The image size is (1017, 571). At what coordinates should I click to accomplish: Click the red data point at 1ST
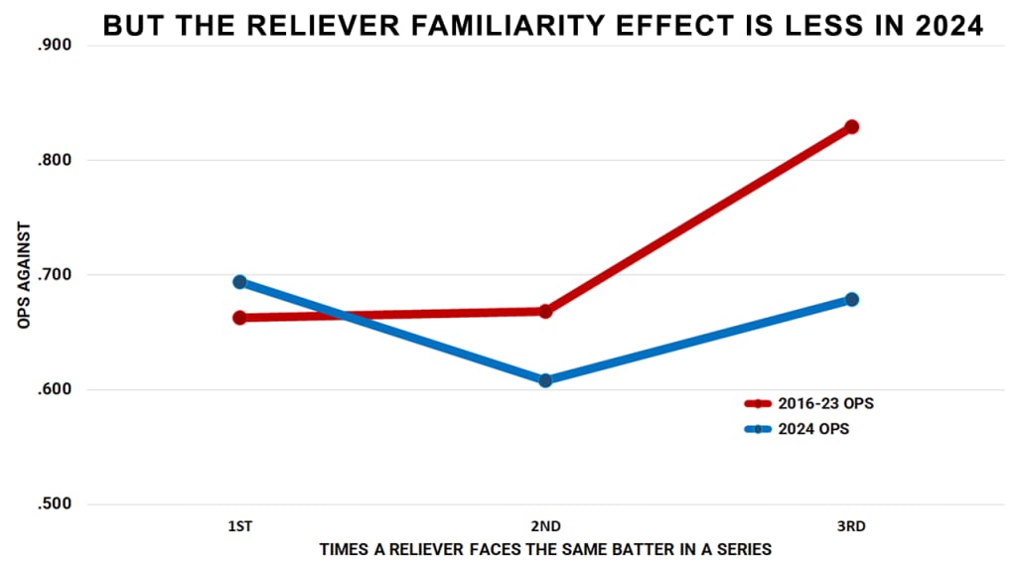click(x=239, y=318)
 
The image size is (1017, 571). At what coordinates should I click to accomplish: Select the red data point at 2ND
click(x=545, y=312)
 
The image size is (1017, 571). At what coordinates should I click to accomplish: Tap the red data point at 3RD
click(x=851, y=127)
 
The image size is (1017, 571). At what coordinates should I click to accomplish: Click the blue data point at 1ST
click(x=239, y=282)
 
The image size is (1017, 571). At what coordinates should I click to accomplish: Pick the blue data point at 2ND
click(x=545, y=380)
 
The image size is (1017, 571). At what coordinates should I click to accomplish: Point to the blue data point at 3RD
click(x=851, y=299)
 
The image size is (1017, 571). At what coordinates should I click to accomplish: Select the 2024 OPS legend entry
click(x=799, y=429)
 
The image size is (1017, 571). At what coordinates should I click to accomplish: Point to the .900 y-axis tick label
click(x=56, y=46)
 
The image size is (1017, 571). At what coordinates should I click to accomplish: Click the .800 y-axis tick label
click(x=56, y=161)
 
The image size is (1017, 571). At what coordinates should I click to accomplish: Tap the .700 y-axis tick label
click(x=56, y=275)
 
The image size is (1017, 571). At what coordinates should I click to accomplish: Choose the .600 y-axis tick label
click(x=56, y=390)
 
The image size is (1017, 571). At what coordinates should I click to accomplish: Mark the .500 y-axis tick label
click(x=56, y=504)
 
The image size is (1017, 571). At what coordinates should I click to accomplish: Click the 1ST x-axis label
click(x=239, y=527)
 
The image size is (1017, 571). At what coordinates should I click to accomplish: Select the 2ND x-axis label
click(x=545, y=527)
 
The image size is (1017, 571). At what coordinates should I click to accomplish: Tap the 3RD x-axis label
click(x=851, y=527)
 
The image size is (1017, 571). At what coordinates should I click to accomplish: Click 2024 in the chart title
click(x=944, y=27)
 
